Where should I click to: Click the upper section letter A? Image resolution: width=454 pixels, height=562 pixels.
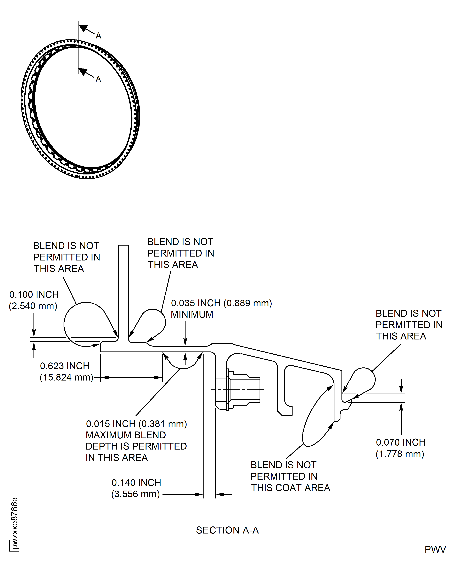click(x=98, y=36)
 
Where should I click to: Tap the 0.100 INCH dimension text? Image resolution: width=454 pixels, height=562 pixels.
click(x=34, y=295)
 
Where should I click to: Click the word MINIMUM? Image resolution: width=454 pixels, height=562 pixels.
click(x=192, y=314)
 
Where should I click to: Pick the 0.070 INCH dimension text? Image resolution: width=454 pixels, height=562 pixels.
click(x=401, y=442)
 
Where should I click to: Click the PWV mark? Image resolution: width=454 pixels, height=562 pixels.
click(x=435, y=549)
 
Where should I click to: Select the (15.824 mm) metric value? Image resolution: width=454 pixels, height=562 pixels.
click(x=66, y=377)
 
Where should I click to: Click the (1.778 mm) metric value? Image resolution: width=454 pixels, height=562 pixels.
click(x=400, y=454)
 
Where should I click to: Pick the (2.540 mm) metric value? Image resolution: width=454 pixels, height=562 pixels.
click(x=33, y=306)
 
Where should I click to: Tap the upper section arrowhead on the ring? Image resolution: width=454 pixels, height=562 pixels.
click(x=83, y=28)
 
